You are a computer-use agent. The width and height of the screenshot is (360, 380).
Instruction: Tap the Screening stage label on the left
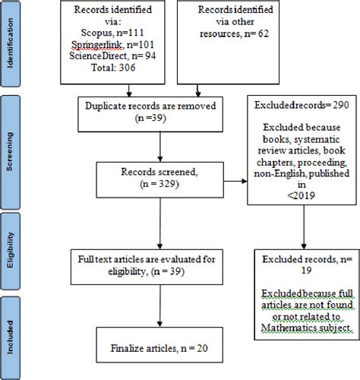pos(10,152)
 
